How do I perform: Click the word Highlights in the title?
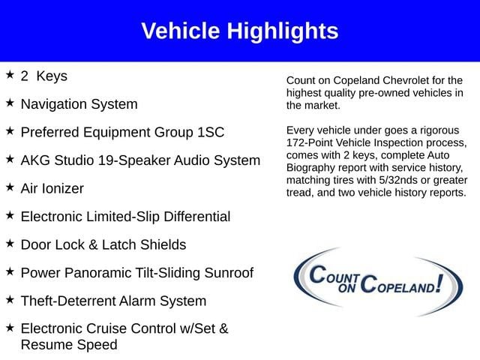282,31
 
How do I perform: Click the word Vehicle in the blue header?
181,31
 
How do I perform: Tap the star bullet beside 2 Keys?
10,74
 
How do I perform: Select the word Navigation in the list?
54,105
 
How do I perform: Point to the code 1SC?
211,132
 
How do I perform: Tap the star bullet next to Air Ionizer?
10,187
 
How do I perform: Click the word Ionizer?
63,188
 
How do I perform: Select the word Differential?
196,217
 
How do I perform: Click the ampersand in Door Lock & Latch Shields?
93,245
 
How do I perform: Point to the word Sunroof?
229,273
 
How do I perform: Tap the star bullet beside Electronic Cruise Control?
10,328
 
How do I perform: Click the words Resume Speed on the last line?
69,345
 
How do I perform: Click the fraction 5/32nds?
398,180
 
